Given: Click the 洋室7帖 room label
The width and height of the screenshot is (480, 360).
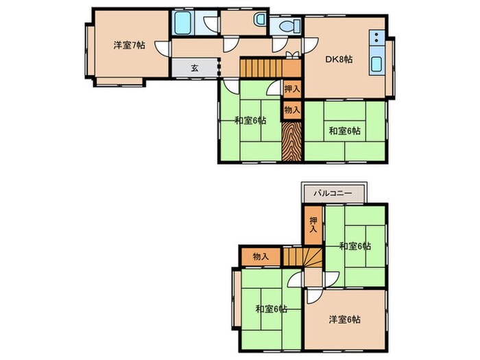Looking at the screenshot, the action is click(129, 46).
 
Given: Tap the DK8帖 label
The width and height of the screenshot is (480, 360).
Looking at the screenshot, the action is click(339, 59).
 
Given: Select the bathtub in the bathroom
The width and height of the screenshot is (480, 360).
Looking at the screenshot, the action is click(183, 23).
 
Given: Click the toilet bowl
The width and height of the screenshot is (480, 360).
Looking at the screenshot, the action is click(289, 26).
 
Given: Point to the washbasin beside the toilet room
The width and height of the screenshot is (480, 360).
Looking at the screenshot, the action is click(260, 19).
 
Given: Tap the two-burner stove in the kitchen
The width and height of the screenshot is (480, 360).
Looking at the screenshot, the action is click(377, 37).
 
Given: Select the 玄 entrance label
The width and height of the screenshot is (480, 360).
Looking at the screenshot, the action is click(194, 68).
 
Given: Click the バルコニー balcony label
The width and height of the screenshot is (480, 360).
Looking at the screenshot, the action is click(333, 193).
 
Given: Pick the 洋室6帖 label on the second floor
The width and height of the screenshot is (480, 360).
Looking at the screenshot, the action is click(345, 320).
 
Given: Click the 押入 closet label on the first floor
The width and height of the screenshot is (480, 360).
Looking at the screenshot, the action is click(292, 89).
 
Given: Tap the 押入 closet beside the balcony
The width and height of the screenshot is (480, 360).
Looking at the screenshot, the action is click(313, 225).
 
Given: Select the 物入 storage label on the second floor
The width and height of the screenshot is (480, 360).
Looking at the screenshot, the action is click(261, 256).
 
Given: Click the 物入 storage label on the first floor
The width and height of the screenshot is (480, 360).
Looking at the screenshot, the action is click(292, 110).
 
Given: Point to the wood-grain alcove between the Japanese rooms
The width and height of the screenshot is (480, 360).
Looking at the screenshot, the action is click(291, 141).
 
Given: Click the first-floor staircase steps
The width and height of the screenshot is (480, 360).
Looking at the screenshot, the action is click(261, 69).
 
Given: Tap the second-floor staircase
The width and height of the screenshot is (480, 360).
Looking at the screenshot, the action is click(302, 257).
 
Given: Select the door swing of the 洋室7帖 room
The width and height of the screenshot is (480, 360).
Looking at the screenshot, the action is click(163, 49).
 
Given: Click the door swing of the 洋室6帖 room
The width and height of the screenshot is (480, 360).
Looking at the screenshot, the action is click(313, 296).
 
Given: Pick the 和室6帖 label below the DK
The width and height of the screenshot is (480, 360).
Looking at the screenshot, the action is click(345, 131).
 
